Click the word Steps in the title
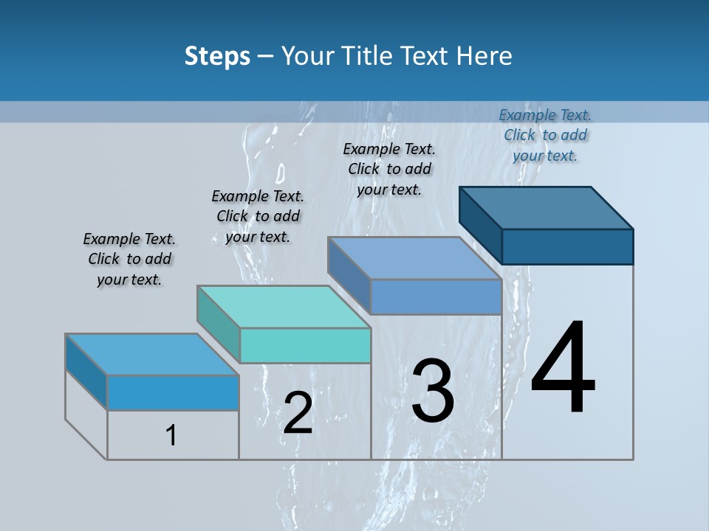click(217, 56)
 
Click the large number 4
click(563, 368)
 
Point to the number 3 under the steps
click(433, 391)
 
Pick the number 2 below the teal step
click(298, 413)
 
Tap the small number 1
click(171, 436)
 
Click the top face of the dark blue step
click(547, 208)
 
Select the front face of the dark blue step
click(567, 246)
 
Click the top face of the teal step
click(284, 307)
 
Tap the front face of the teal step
click(305, 345)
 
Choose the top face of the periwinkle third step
click(415, 258)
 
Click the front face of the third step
click(436, 296)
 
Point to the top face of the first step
click(152, 355)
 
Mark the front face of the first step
click(173, 392)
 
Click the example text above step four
click(545, 135)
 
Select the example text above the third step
click(389, 169)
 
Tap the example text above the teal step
click(258, 216)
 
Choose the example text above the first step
click(129, 259)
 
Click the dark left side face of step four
click(480, 224)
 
